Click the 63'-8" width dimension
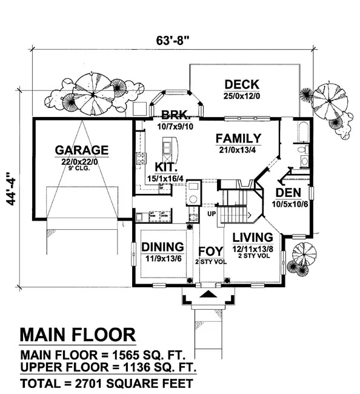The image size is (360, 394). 172,40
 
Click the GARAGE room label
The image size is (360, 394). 82,150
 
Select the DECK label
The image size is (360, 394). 242,85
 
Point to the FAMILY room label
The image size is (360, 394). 238,138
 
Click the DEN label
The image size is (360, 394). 288,193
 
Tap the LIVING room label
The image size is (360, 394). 253,238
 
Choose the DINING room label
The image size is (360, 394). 162,247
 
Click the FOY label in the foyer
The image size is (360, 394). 210,252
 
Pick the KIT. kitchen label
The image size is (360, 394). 164,167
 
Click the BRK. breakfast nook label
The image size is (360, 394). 175,115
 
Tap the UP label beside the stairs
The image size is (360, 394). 212,214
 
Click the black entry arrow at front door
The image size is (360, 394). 208,294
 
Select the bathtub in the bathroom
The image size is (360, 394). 304,132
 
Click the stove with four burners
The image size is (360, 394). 141,158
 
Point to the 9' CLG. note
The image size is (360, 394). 79,169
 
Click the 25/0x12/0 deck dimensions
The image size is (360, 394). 242,96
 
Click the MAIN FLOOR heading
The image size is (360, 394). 78,335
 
